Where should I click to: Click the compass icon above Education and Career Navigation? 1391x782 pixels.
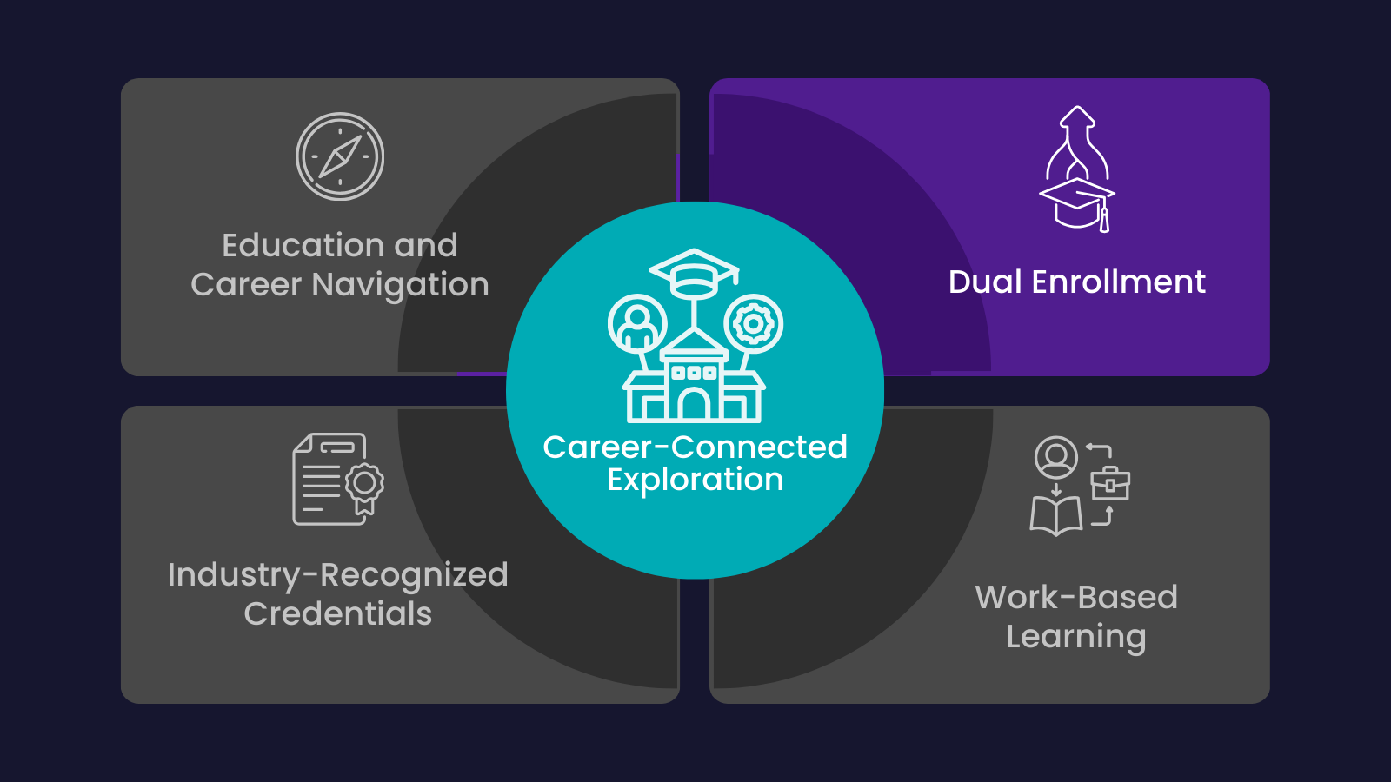tap(340, 156)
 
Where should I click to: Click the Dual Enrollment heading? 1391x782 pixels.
tap(1076, 282)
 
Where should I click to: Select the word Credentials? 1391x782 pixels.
tap(337, 613)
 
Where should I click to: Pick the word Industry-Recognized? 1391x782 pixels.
tap(337, 575)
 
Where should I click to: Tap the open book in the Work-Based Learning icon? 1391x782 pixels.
tap(1055, 515)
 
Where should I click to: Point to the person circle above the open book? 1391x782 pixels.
tap(1056, 457)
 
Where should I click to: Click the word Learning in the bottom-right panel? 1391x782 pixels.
tap(1076, 637)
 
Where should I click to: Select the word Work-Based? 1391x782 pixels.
tap(1076, 598)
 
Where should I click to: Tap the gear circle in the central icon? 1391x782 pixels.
tap(753, 324)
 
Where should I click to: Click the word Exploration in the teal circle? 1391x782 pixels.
tap(695, 480)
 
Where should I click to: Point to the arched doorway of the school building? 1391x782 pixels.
tap(694, 405)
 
